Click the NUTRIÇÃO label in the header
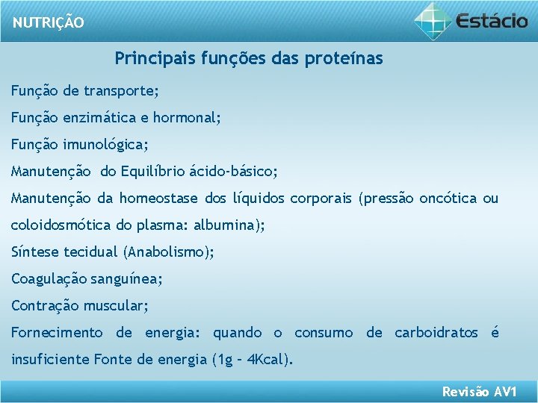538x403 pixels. click(x=49, y=22)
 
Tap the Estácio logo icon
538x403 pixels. click(x=434, y=21)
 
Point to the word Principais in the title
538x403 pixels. click(x=155, y=58)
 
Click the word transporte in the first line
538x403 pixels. click(x=120, y=91)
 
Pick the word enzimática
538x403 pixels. click(x=101, y=118)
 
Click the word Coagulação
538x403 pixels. click(x=49, y=279)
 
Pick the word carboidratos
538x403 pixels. click(x=436, y=333)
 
